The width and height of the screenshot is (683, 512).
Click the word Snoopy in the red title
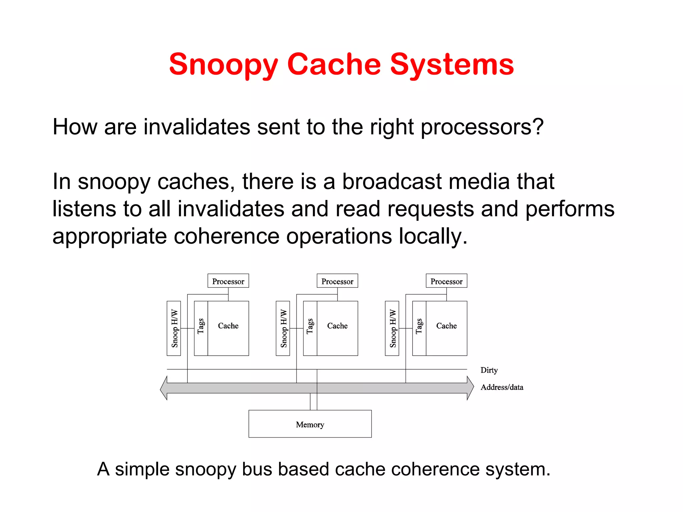(223, 65)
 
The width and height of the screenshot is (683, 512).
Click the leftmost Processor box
(228, 281)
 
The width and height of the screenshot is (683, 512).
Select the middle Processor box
(337, 281)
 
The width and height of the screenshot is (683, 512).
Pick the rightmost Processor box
(446, 281)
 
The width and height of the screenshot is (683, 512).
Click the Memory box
(310, 424)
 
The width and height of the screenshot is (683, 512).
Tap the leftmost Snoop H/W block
(174, 328)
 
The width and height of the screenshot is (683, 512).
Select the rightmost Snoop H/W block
(392, 328)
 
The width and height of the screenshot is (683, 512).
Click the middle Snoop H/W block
(283, 328)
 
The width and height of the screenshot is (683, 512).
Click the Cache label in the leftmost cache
(228, 326)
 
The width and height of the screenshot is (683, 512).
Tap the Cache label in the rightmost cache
(446, 326)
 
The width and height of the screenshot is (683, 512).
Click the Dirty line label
(489, 370)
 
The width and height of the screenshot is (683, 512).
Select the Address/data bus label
(502, 387)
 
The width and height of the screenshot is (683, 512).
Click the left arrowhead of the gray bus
(164, 388)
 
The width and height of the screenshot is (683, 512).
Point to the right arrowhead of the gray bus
(470, 388)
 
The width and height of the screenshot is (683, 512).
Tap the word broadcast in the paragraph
(392, 182)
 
